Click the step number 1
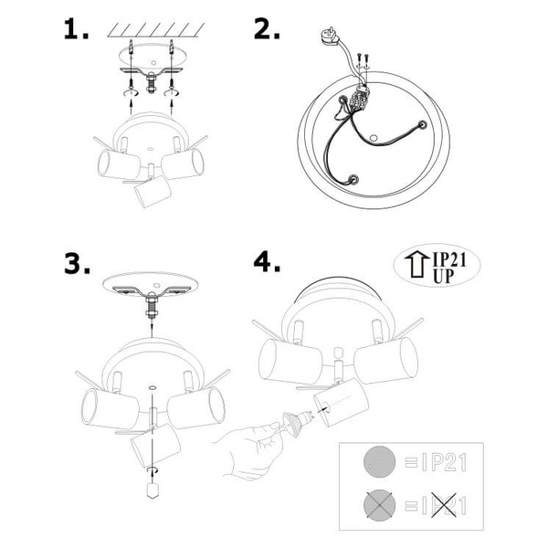point(76,29)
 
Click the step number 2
point(267,29)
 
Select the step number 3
point(78,264)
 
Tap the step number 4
point(267,262)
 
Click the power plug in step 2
point(331,37)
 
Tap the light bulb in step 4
point(298,422)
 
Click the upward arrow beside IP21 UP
point(416,265)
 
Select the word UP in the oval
point(444,276)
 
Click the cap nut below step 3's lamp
point(153,490)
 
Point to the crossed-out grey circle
point(380,505)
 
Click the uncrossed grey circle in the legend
point(380,462)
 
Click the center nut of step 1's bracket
point(151,83)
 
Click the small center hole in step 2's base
point(374,138)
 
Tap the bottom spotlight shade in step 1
point(153,192)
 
